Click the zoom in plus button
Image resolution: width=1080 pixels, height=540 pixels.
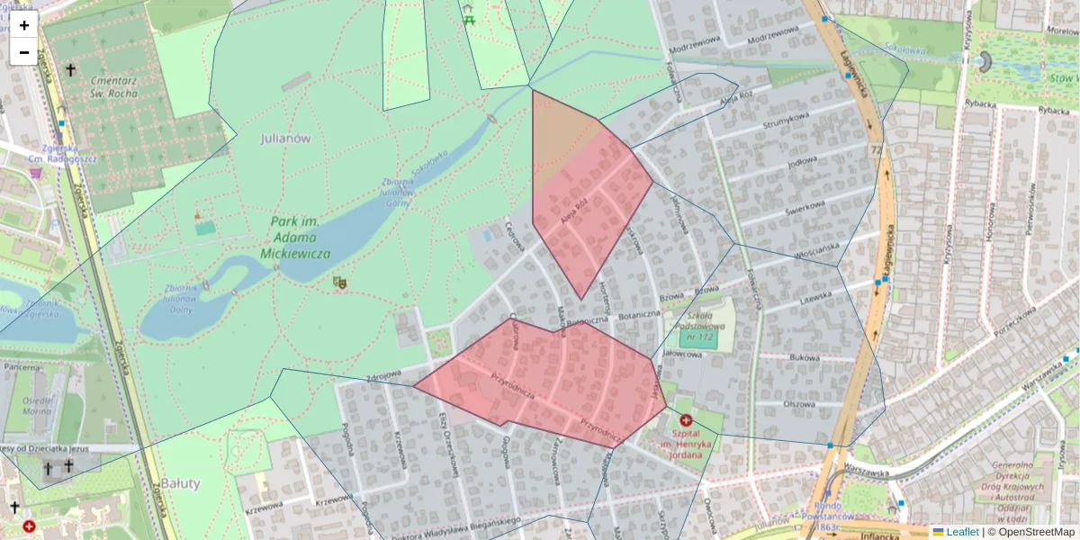(x=24, y=25)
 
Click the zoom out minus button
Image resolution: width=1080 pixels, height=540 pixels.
(x=24, y=52)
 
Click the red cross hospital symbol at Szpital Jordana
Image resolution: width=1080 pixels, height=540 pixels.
(x=686, y=420)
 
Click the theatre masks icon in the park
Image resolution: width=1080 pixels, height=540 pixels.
(x=340, y=283)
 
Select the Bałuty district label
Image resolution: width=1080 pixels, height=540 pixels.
(x=181, y=483)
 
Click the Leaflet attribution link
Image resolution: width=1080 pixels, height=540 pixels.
(x=962, y=532)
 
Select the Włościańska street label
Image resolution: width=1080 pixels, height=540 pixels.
(x=814, y=249)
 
